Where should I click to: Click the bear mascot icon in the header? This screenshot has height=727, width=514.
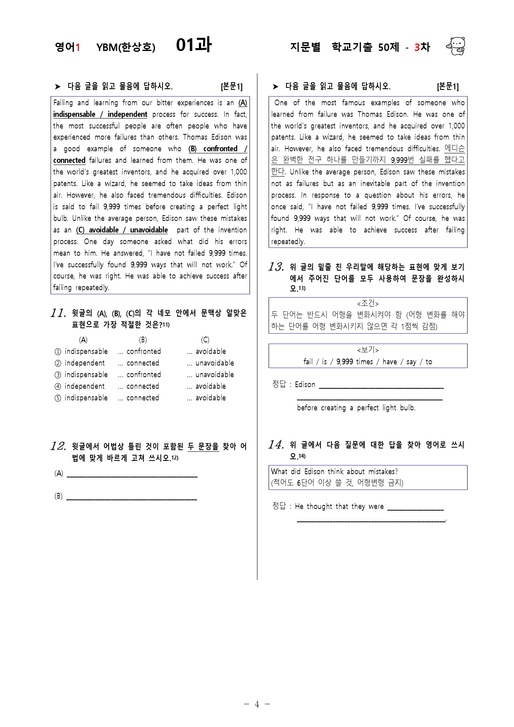click(x=456, y=46)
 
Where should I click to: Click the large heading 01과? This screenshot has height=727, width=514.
click(x=194, y=45)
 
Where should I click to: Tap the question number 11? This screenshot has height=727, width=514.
click(x=58, y=313)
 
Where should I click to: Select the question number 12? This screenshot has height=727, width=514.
click(x=58, y=446)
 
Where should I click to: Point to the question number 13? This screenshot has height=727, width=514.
click(x=276, y=267)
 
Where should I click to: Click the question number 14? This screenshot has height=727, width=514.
click(x=276, y=445)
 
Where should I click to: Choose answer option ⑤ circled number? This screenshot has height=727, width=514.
click(x=58, y=398)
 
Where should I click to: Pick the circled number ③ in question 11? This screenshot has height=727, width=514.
click(x=58, y=375)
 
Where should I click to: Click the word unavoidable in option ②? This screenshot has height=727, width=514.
click(x=214, y=363)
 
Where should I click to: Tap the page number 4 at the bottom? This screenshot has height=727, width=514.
click(x=257, y=704)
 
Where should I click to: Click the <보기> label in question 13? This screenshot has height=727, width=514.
click(x=368, y=350)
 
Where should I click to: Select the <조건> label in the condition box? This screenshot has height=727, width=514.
click(x=368, y=303)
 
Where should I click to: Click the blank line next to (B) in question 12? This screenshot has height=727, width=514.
click(x=131, y=499)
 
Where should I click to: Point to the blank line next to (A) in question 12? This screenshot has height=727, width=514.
click(x=132, y=476)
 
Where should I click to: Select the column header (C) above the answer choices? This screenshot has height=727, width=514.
click(x=205, y=340)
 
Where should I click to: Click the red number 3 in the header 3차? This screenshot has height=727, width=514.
click(x=417, y=47)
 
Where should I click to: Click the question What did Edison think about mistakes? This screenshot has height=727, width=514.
click(x=334, y=472)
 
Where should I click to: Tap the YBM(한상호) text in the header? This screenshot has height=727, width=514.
click(x=126, y=47)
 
